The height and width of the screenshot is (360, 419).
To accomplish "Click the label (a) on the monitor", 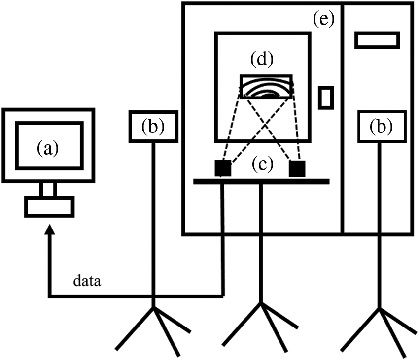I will point(48,147).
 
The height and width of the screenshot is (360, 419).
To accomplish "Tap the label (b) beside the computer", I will point(152,127).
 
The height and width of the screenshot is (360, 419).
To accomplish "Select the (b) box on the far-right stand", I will point(381,127).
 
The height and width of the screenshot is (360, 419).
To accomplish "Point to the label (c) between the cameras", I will point(260,165).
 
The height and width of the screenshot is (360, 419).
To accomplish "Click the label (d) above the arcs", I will point(261,60).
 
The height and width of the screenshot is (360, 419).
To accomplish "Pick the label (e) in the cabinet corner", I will point(323,20).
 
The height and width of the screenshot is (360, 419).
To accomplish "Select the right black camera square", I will point(297,168).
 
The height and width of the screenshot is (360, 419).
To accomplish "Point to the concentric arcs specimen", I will point(266,87).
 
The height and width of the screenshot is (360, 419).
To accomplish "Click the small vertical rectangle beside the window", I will point(326,97).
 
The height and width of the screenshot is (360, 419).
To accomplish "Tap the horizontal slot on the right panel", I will point(377,40).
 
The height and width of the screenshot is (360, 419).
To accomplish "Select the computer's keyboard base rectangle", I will point(50,206).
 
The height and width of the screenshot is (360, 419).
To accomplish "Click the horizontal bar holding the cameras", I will point(261,182).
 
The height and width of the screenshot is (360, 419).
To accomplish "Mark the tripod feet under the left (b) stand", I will point(153,327).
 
